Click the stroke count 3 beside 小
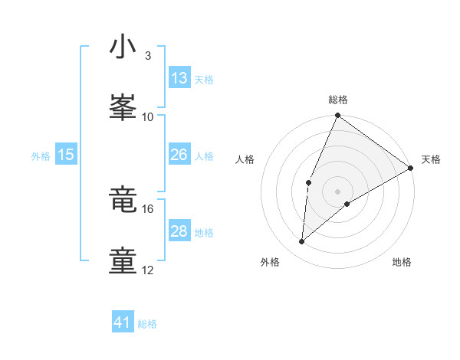coord(147,56)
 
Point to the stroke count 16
coord(148,208)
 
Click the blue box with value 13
coord(179,78)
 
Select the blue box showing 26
coord(179,155)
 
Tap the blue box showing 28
coord(179,231)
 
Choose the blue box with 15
coord(66,155)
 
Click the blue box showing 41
coord(123,322)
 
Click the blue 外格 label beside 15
coord(41,155)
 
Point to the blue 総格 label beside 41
coord(147,324)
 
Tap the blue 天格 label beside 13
coord(204,79)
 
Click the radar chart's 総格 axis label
coord(338,100)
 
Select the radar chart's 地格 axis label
coord(402,262)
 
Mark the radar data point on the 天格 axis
coord(411,168)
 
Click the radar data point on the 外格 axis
coord(302,242)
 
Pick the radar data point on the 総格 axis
coord(337,116)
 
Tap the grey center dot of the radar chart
coord(337,191)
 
